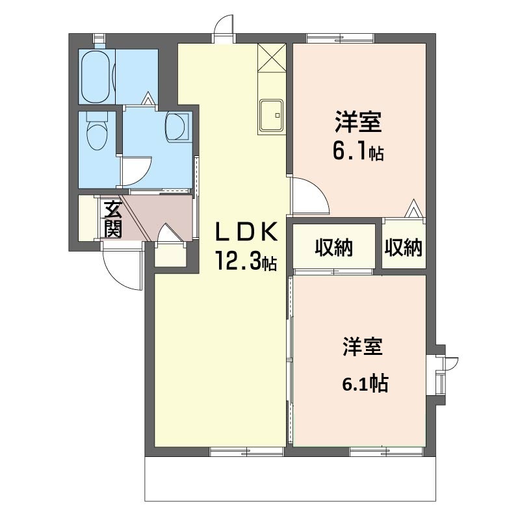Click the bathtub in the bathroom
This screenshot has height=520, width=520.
[97, 76]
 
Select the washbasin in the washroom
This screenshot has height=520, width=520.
[177, 126]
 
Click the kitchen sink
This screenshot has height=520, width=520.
[271, 115]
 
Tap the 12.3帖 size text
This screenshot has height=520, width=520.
[247, 261]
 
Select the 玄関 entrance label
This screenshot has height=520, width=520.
[112, 220]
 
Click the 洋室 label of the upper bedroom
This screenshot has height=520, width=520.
[357, 122]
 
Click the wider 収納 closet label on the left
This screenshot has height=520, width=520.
[334, 247]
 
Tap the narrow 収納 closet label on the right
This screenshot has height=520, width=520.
[403, 247]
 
